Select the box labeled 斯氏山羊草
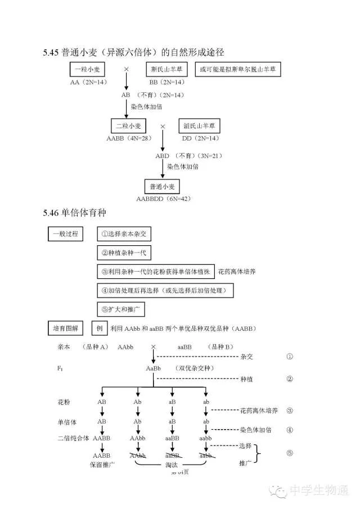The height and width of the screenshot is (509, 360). tap(168, 70)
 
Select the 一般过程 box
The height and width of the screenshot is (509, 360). tap(66, 233)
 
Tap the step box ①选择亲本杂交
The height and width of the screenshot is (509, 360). tap(124, 233)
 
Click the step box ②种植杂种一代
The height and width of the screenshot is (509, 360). tap(124, 253)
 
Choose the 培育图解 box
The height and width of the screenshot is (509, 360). tap(66, 328)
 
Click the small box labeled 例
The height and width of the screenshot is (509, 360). tap(100, 328)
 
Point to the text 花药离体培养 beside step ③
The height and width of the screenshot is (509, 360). tap(237, 272)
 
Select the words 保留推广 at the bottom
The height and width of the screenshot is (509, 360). tap(102, 465)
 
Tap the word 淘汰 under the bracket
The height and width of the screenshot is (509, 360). tap(172, 465)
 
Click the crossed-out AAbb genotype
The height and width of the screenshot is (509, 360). tap(137, 455)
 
